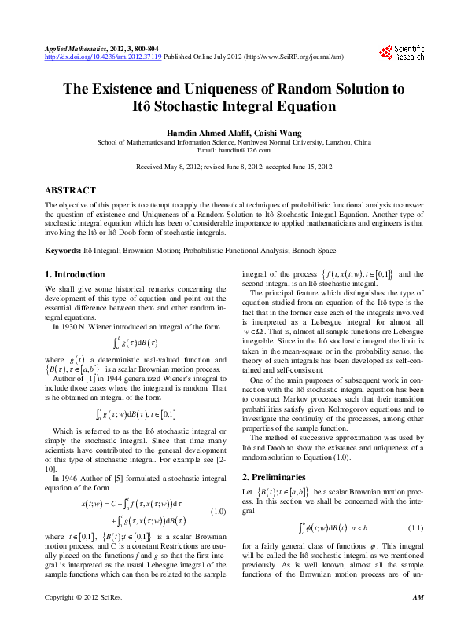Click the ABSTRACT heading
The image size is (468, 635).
coord(71,190)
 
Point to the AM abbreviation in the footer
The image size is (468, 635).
coord(418,620)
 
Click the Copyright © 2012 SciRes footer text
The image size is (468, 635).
coord(86,620)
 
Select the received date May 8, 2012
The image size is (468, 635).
coord(182,167)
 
